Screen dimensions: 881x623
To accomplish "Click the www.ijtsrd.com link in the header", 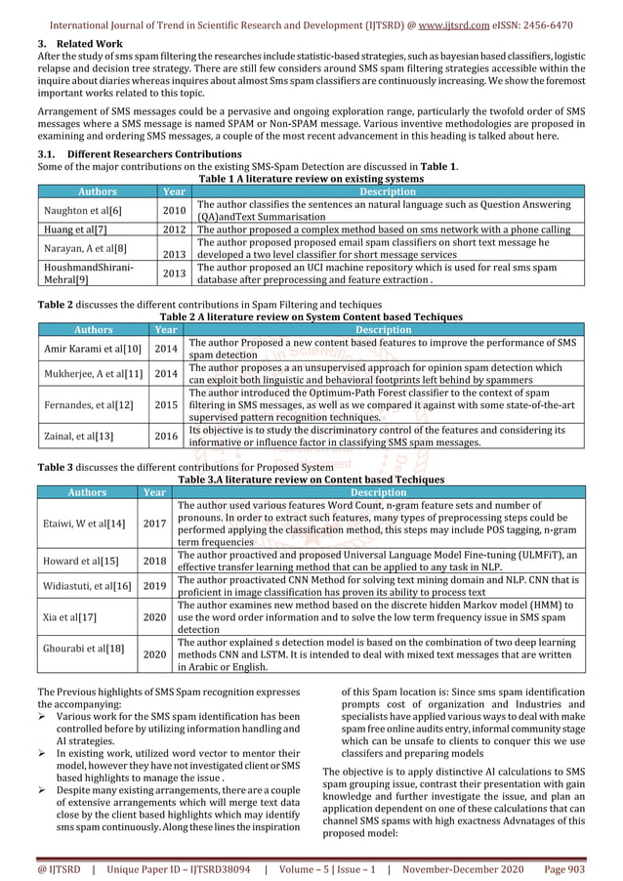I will [x=451, y=24].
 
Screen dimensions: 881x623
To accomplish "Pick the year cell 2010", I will [x=174, y=210].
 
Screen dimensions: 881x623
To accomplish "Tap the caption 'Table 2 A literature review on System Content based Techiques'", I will [x=311, y=316].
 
